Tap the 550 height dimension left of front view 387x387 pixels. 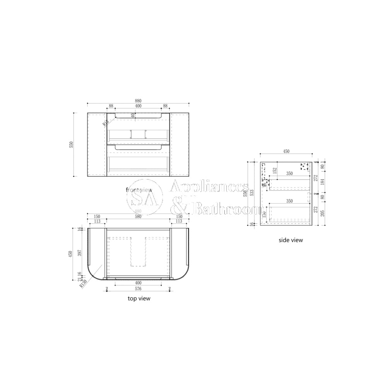71,144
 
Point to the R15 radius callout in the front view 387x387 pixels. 105,123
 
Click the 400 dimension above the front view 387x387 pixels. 138,106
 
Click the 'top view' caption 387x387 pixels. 139,298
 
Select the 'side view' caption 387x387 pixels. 291,240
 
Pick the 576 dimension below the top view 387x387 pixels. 138,289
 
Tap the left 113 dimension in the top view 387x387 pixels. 97,222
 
